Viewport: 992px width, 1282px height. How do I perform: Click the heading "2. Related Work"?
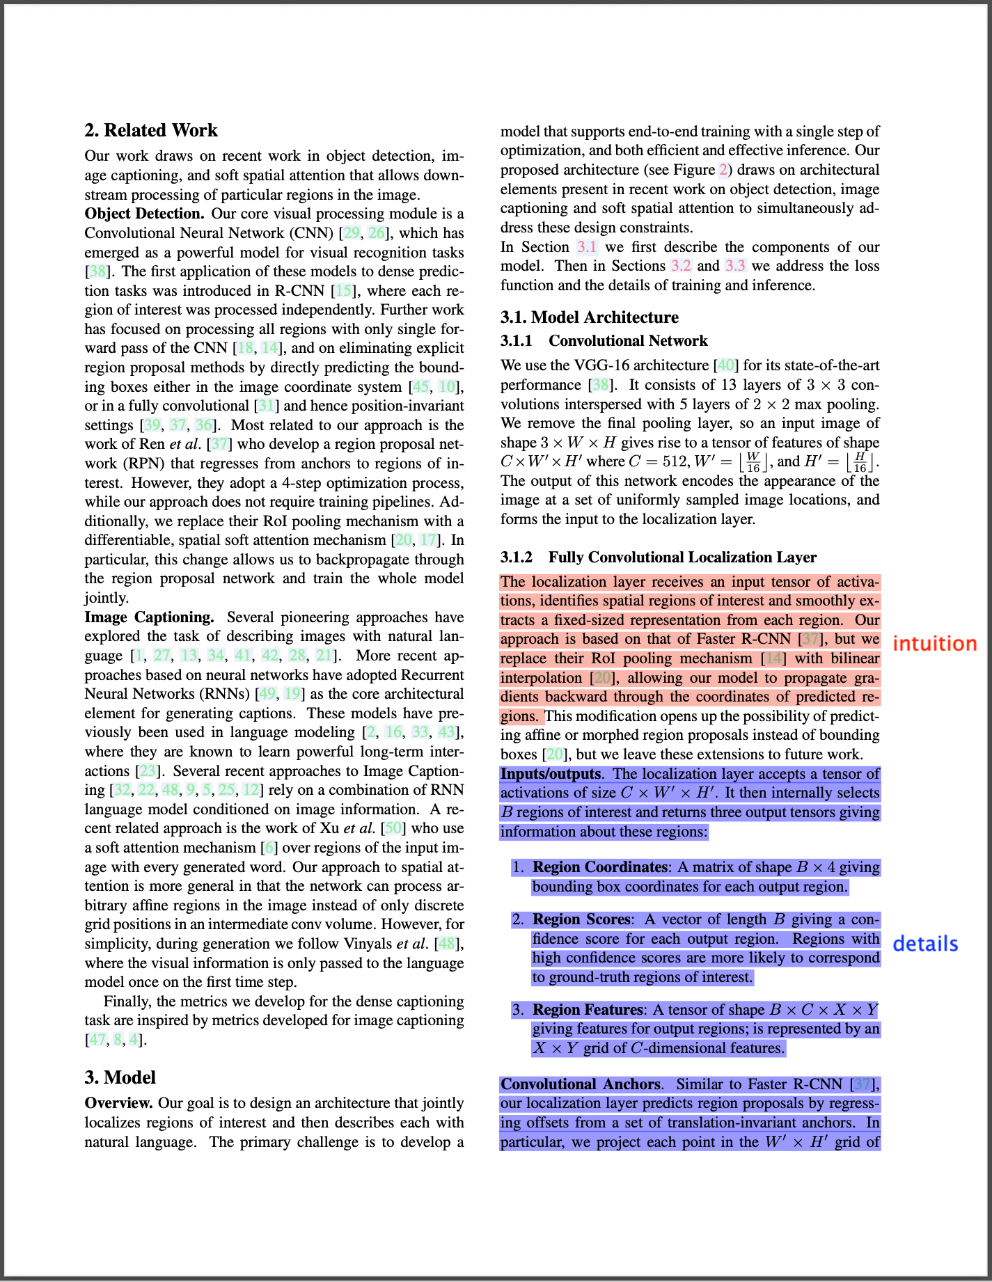click(x=151, y=130)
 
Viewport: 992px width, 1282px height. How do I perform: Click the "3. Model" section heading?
click(x=120, y=1077)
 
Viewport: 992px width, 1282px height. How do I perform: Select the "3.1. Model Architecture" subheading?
click(x=589, y=317)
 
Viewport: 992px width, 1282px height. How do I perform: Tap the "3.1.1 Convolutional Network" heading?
click(x=604, y=340)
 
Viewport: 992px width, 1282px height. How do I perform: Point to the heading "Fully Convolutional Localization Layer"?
click(x=682, y=557)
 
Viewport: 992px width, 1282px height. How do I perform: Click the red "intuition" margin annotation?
click(x=934, y=644)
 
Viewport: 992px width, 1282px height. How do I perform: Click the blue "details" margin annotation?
click(x=925, y=944)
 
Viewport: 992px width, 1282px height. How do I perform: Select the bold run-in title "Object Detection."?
click(x=144, y=214)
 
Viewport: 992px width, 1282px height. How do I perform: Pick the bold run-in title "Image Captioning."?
click(x=149, y=617)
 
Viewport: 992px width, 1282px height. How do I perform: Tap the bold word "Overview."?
click(x=118, y=1103)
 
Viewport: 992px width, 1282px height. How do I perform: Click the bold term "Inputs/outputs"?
click(x=551, y=774)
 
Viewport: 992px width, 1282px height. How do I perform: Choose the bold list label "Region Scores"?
click(x=581, y=919)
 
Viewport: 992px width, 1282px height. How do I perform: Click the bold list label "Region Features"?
click(x=588, y=1010)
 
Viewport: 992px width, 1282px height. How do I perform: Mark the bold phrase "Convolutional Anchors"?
click(x=580, y=1084)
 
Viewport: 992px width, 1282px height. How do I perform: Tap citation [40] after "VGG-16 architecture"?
click(x=725, y=365)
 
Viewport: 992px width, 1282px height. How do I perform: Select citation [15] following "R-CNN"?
click(x=343, y=291)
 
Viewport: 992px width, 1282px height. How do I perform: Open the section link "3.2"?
click(x=680, y=266)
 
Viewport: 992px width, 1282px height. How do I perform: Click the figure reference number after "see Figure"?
click(x=723, y=170)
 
